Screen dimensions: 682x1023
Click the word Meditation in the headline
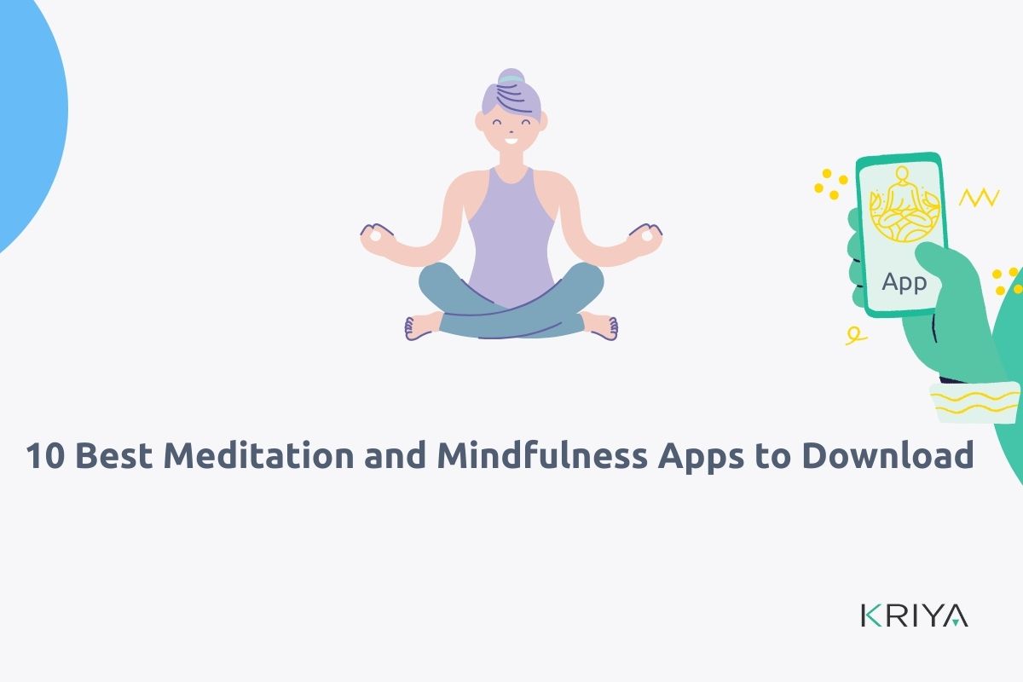(x=259, y=456)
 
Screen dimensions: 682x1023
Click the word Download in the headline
(x=887, y=456)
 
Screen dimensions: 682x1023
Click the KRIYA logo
(x=914, y=616)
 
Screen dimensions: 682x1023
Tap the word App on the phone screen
(x=904, y=282)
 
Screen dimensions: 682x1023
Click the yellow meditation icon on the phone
(x=902, y=208)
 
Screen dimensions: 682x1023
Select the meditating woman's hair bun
(x=511, y=78)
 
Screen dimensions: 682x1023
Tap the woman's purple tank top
(x=511, y=230)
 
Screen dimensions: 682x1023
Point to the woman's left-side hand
(x=377, y=237)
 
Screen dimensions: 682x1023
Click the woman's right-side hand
(x=646, y=237)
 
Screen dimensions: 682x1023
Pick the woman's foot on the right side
(x=604, y=327)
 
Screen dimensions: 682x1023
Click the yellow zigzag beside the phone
(x=979, y=199)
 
